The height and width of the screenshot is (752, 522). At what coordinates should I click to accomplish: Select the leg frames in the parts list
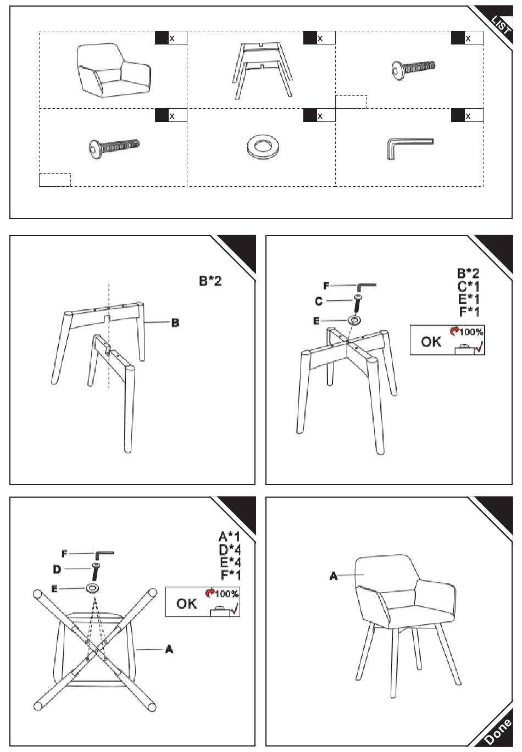pyautogui.click(x=262, y=70)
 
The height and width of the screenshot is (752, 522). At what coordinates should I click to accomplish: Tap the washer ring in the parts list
pyautogui.click(x=262, y=147)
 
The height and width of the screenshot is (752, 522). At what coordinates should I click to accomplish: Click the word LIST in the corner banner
pyautogui.click(x=501, y=25)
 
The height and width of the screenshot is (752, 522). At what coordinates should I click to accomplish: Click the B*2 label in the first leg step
pyautogui.click(x=210, y=281)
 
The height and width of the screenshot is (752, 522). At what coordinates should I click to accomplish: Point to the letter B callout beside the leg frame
pyautogui.click(x=175, y=322)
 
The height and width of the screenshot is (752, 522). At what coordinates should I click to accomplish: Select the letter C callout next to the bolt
pyautogui.click(x=319, y=301)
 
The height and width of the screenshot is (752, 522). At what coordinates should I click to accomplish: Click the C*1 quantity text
pyautogui.click(x=468, y=286)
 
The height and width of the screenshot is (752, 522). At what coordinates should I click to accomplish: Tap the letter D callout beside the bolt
pyautogui.click(x=57, y=569)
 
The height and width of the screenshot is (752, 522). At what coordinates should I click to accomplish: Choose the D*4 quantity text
pyautogui.click(x=230, y=549)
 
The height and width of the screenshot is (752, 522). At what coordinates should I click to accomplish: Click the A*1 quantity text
pyautogui.click(x=230, y=537)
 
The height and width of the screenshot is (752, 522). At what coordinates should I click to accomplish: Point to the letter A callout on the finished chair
pyautogui.click(x=333, y=576)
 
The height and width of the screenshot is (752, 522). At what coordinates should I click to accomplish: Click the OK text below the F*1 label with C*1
pyautogui.click(x=431, y=342)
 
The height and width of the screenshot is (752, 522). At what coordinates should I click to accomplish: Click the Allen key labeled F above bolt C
pyautogui.click(x=366, y=287)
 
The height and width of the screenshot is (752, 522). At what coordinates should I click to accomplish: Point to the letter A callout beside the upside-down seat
pyautogui.click(x=169, y=649)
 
